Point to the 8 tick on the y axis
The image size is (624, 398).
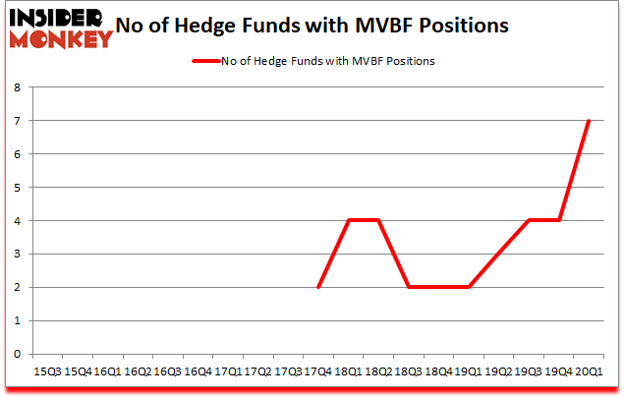coord(18,87)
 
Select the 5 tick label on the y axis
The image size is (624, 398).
coord(18,188)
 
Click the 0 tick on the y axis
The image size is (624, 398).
coord(18,354)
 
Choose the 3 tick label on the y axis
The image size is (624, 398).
coord(18,254)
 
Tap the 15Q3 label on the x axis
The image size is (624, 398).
coord(46,371)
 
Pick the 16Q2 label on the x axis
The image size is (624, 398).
coord(137,371)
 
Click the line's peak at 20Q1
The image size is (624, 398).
coord(589,121)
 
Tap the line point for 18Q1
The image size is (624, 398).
coord(349,220)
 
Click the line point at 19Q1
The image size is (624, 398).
coord(469,287)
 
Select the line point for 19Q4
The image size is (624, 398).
coord(559,220)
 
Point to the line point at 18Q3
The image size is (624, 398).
coord(409,287)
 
